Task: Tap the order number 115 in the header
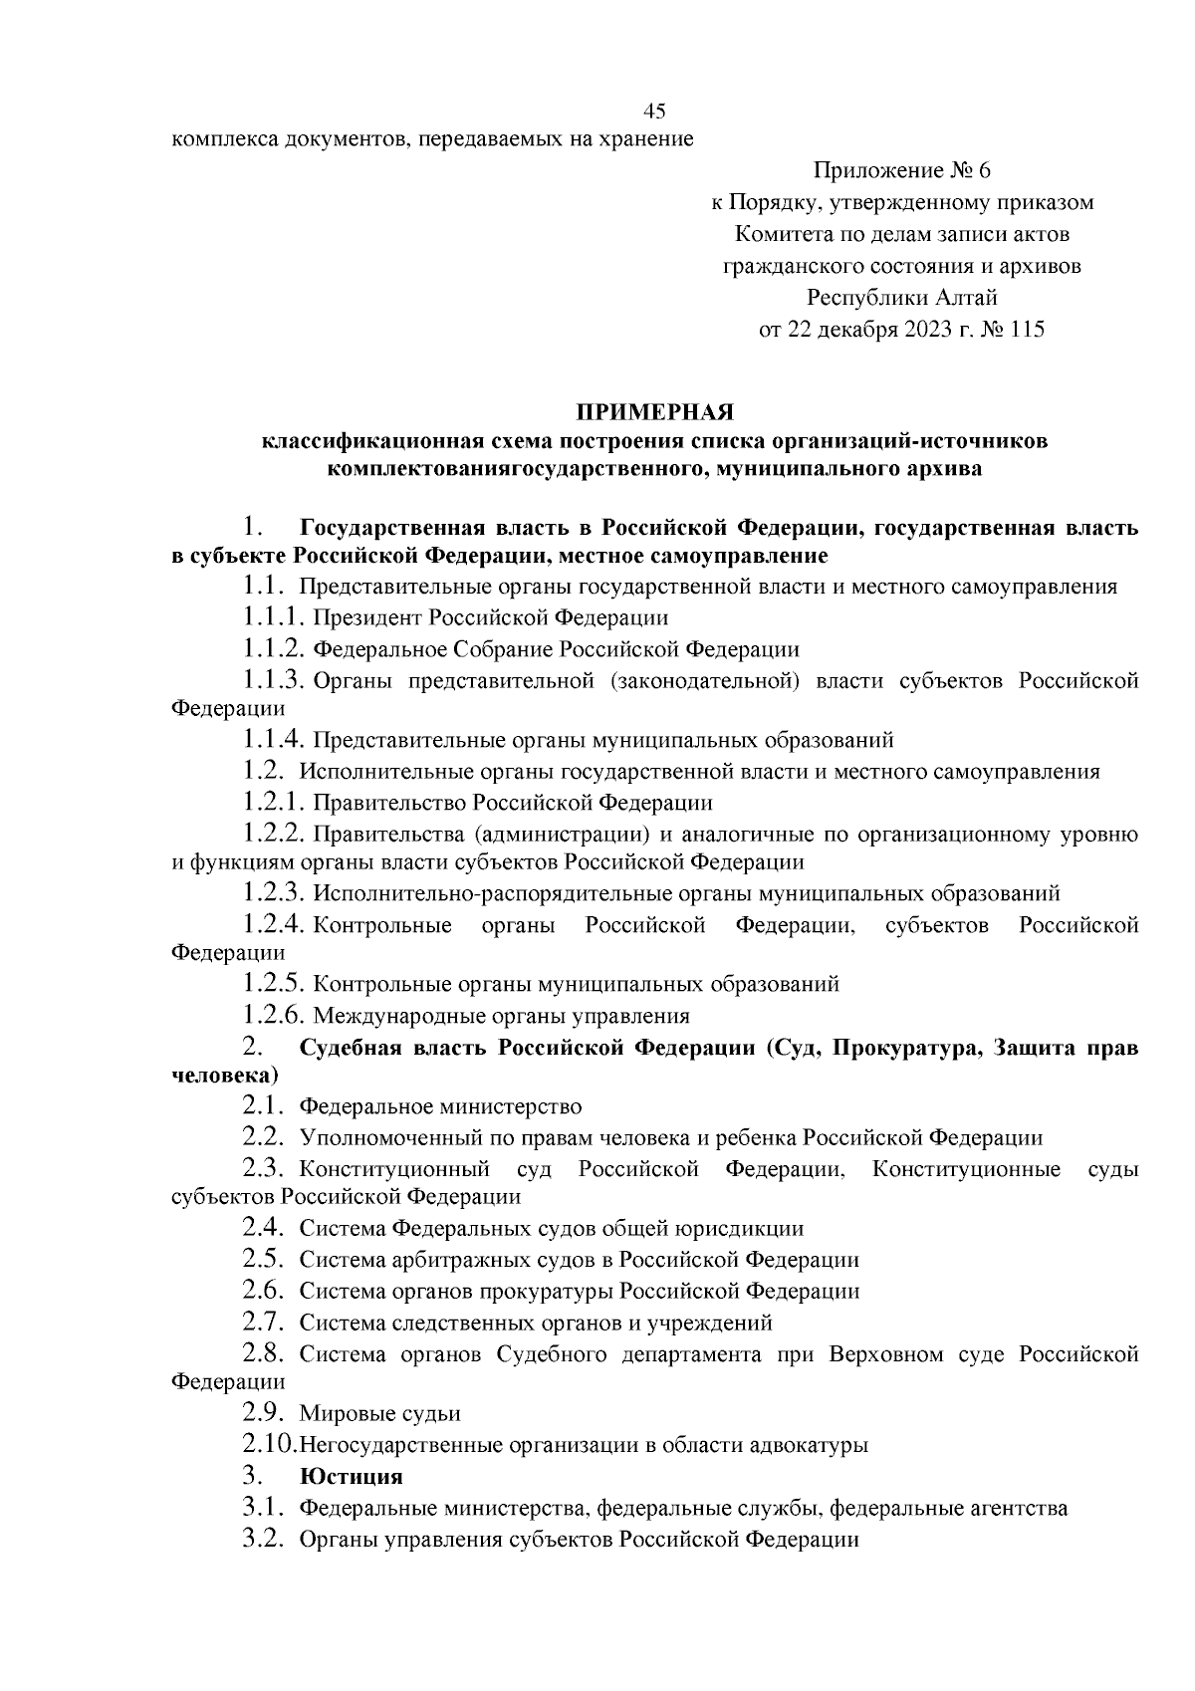click(1026, 330)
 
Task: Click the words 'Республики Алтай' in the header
click(902, 298)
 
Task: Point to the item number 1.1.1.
click(273, 617)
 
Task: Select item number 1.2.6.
click(273, 1016)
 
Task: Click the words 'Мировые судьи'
click(379, 1413)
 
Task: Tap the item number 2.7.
click(264, 1323)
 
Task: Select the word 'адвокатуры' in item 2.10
click(811, 1445)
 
